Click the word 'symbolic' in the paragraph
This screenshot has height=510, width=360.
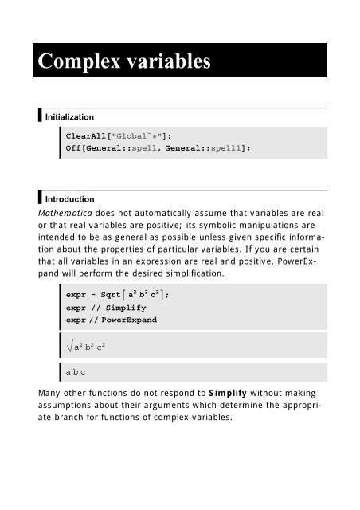pos(194,227)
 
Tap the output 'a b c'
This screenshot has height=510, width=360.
pos(76,372)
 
